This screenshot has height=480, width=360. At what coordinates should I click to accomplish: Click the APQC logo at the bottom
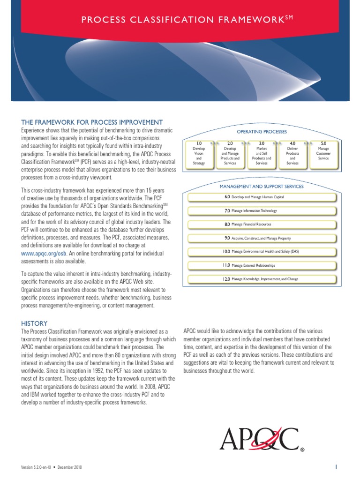click(260, 439)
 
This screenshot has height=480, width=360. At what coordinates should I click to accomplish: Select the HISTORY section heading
click(34, 323)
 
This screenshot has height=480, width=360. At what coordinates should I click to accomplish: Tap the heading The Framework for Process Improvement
click(92, 122)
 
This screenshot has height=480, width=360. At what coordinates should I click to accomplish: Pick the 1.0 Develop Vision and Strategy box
click(199, 153)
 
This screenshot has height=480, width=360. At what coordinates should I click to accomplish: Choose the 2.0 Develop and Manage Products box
click(230, 153)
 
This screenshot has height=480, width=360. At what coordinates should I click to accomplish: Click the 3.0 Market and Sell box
click(261, 153)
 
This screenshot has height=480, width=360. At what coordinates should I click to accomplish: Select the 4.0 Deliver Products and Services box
click(292, 153)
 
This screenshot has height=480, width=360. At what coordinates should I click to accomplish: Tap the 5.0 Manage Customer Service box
click(323, 153)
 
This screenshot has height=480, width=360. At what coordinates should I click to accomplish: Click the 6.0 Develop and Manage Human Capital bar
click(262, 197)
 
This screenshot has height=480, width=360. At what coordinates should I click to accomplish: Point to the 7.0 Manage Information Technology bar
click(262, 211)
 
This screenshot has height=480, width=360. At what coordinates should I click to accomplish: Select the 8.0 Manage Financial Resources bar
click(262, 225)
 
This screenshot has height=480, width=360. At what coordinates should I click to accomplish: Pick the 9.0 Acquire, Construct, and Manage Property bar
click(262, 238)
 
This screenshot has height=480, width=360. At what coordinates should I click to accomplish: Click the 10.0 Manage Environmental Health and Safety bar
click(262, 252)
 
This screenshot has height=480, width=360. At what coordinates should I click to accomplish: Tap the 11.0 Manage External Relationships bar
click(262, 265)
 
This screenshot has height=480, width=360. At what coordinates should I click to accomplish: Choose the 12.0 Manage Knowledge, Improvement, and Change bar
click(262, 279)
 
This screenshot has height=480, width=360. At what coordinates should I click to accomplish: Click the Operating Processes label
click(262, 132)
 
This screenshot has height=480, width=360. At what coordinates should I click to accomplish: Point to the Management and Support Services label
click(262, 186)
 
